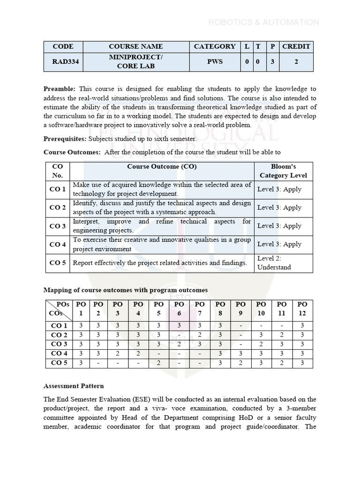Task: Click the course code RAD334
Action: click(x=63, y=61)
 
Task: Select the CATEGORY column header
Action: click(x=215, y=46)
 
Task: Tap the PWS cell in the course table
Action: click(x=215, y=61)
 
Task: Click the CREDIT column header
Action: click(x=296, y=46)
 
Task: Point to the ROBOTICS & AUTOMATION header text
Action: click(x=263, y=22)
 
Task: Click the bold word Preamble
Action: click(x=60, y=89)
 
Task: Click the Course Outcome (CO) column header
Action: click(x=162, y=166)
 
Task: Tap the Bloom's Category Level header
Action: click(x=283, y=171)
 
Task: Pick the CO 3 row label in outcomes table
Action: click(x=58, y=226)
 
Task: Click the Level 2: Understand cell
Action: click(x=274, y=262)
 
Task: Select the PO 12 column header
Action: click(x=302, y=308)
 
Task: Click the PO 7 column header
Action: click(x=200, y=308)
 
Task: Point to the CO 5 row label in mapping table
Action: click(x=59, y=363)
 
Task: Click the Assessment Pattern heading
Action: click(x=74, y=386)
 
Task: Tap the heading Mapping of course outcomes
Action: click(x=125, y=290)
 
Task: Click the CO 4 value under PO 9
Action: click(x=240, y=353)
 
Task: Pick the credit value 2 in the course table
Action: click(x=296, y=61)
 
